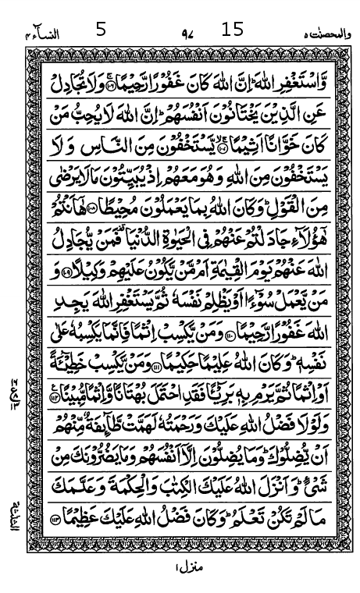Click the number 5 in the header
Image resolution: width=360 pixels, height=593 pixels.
[x=100, y=30]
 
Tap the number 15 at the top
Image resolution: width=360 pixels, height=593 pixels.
[x=233, y=30]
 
